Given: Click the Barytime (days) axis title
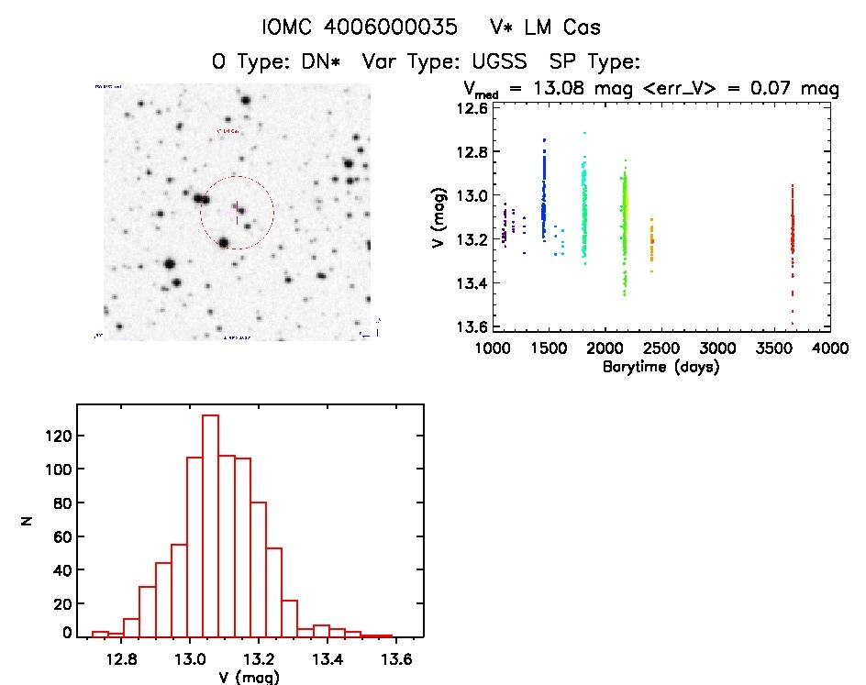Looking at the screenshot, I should (660, 367).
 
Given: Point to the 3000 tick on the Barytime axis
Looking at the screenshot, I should (717, 348).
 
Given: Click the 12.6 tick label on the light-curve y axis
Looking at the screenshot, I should (474, 108).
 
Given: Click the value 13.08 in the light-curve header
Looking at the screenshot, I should (572, 89).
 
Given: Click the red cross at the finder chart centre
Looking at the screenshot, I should (237, 212).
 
